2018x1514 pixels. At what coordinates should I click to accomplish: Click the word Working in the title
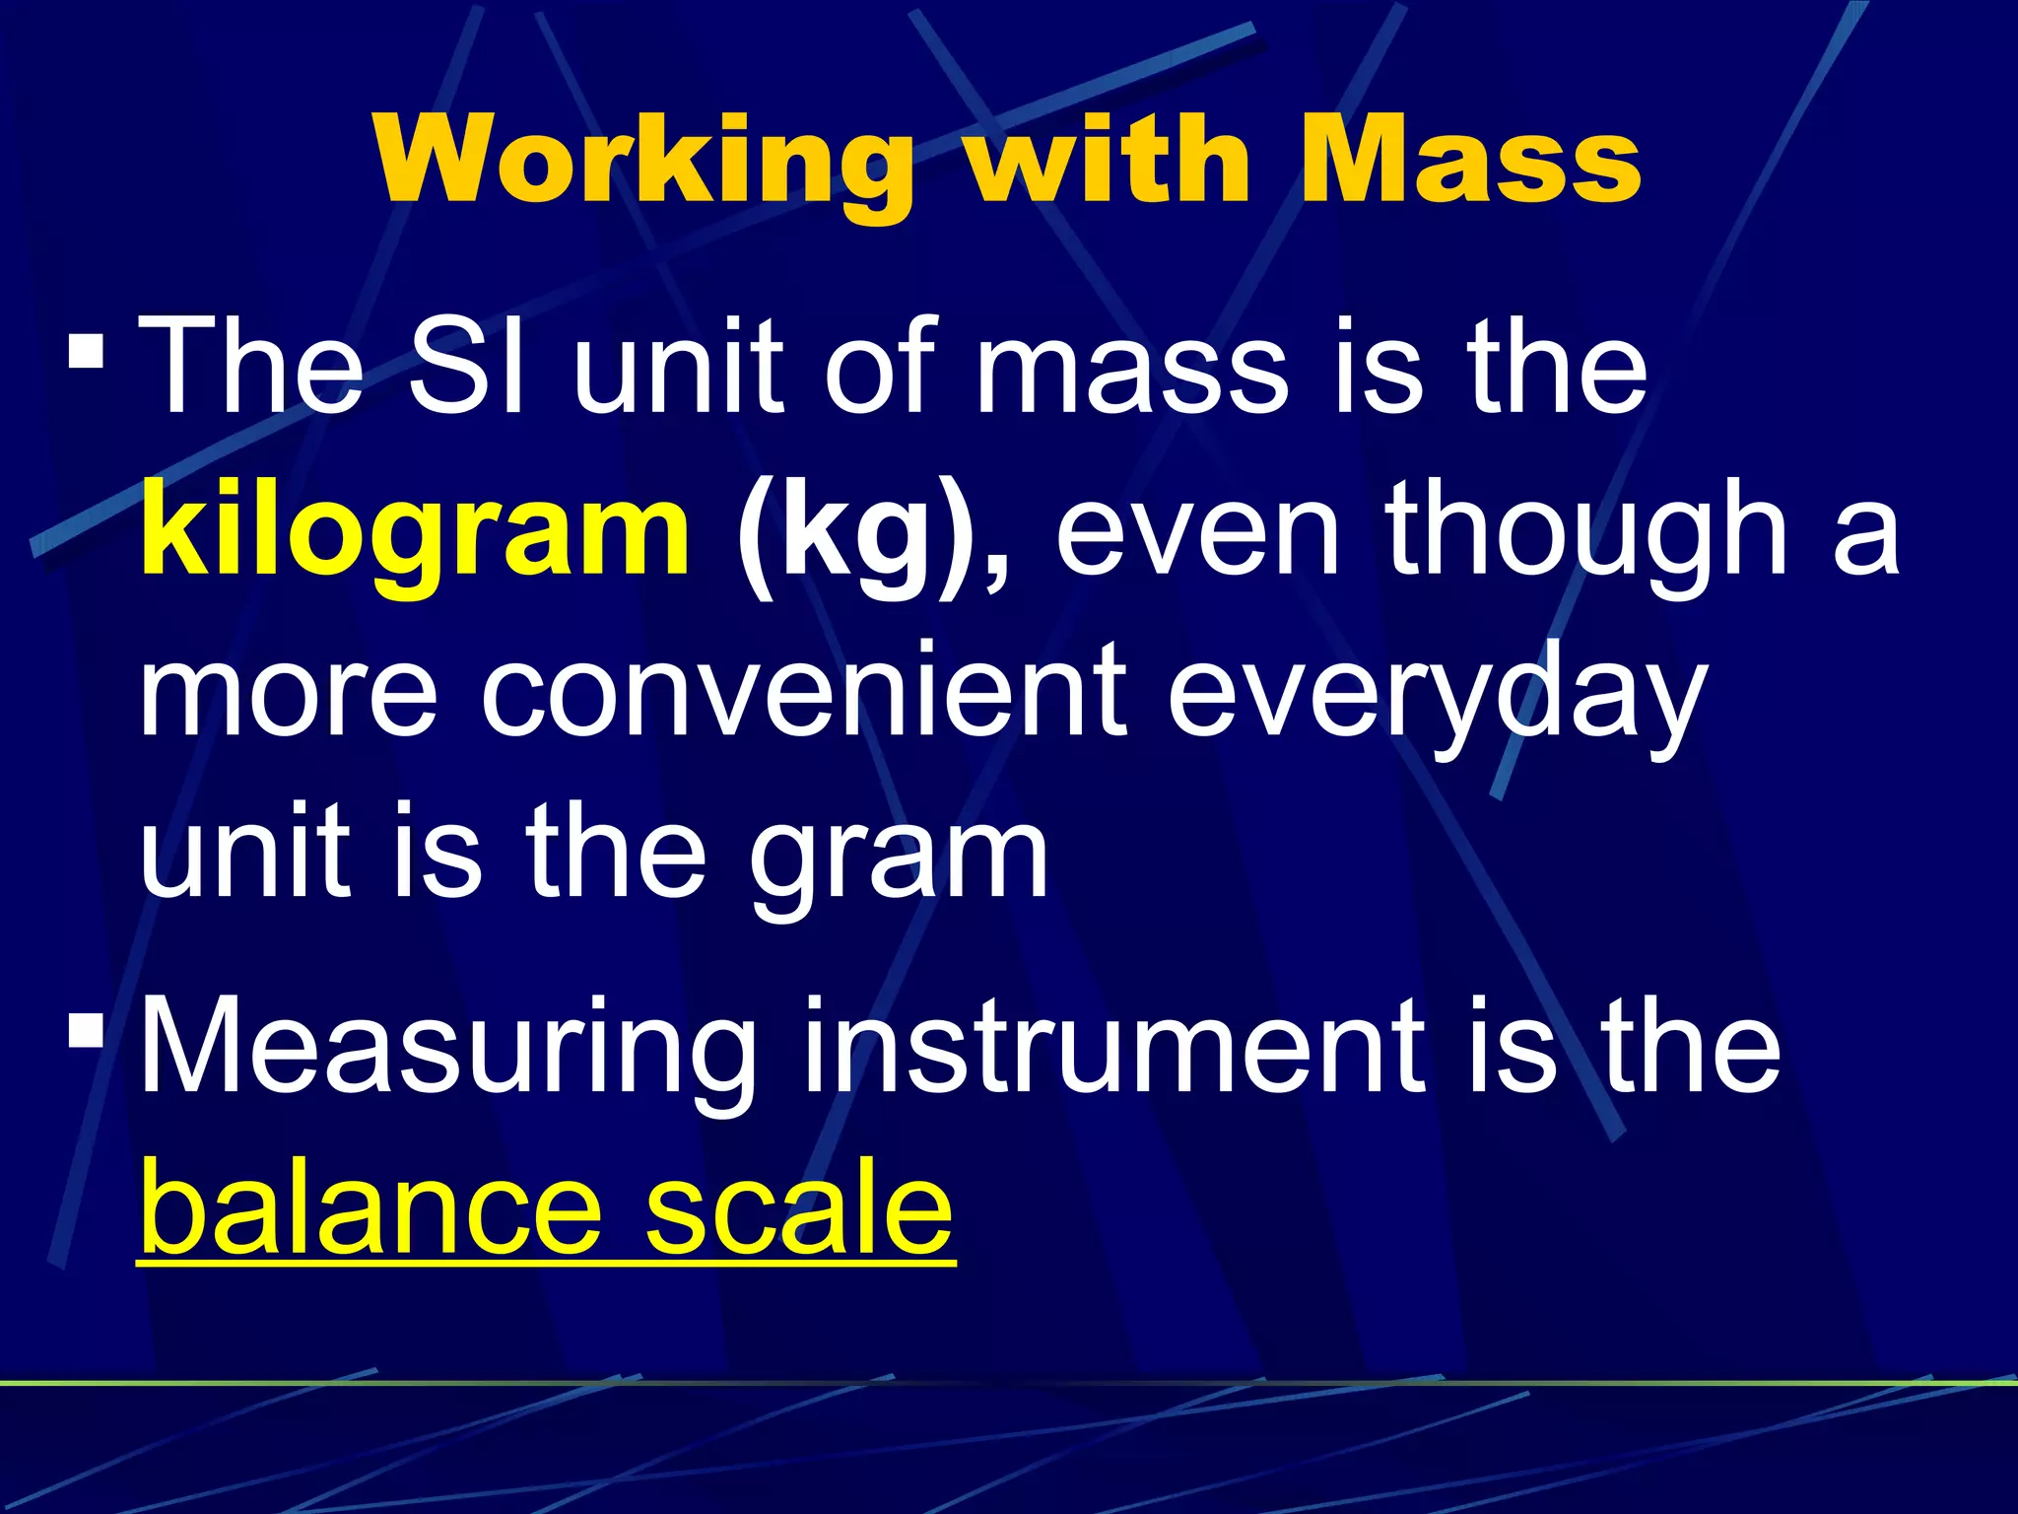click(645, 161)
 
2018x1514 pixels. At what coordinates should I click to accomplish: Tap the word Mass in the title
click(1469, 161)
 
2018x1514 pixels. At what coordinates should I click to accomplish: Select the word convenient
click(803, 690)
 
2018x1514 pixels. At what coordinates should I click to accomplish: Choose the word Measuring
click(448, 1050)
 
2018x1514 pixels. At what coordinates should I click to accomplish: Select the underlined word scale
click(798, 1207)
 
